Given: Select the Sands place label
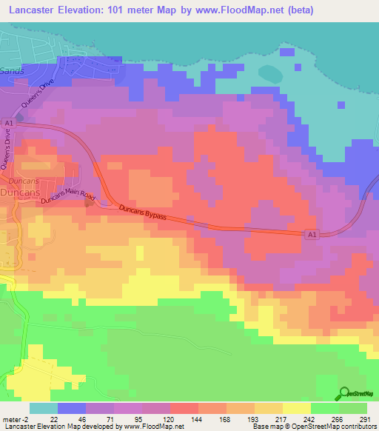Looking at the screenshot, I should tap(12, 70).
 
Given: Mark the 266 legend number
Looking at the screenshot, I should tap(338, 418).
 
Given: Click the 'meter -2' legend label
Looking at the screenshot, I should tap(16, 418).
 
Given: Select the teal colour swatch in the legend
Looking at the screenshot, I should tap(44, 407).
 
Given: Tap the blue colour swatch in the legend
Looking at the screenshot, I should tap(72, 407).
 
